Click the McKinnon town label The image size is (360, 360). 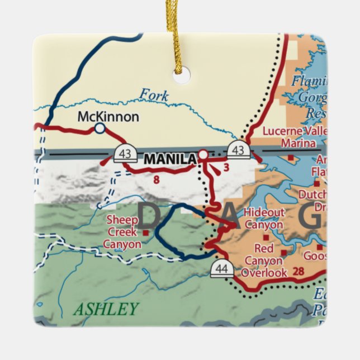(x=108, y=117)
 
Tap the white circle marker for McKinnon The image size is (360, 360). (x=100, y=129)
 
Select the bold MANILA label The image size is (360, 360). (x=170, y=159)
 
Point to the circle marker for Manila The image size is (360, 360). (x=203, y=155)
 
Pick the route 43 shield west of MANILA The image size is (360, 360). (x=125, y=153)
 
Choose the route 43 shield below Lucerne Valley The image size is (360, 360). (x=238, y=149)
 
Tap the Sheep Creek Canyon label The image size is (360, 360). (x=122, y=232)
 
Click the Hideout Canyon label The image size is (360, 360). (x=264, y=219)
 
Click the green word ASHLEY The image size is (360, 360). (x=106, y=309)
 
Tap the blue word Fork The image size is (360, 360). (x=154, y=95)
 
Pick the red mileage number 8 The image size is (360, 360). (x=156, y=180)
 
